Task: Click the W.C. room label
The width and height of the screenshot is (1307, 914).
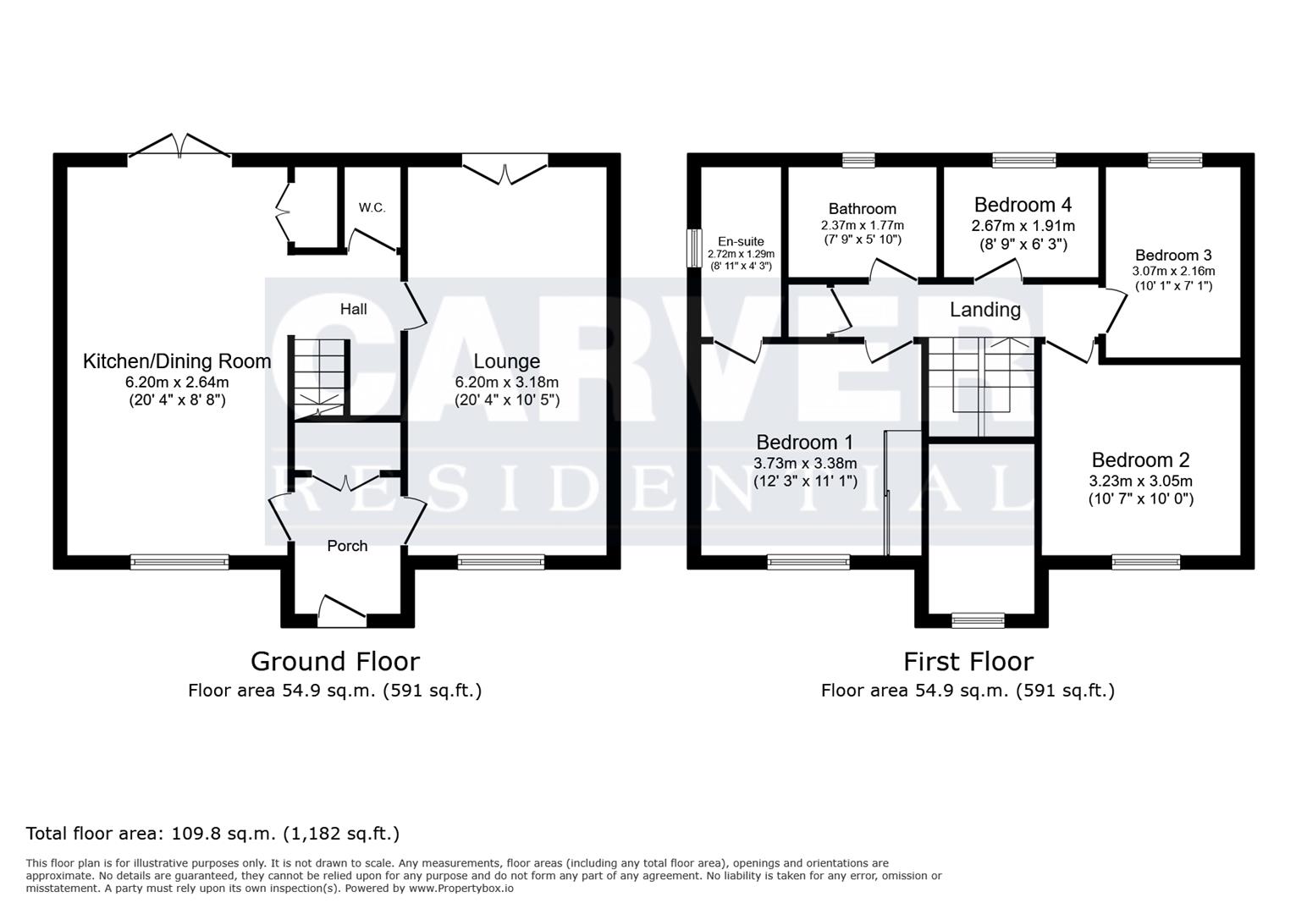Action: (372, 207)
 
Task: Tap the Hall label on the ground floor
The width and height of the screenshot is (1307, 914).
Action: (354, 309)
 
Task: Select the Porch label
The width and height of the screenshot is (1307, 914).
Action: (347, 546)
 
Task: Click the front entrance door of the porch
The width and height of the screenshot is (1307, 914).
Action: (342, 609)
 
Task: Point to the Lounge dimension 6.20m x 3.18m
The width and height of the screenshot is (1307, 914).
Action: (506, 383)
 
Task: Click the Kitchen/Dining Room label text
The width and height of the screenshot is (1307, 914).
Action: (177, 361)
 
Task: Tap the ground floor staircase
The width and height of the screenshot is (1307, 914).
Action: (319, 378)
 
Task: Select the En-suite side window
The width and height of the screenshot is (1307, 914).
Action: (694, 248)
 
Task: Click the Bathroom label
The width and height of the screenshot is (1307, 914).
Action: (863, 209)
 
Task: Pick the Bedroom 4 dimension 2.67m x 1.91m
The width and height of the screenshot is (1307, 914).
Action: (1023, 226)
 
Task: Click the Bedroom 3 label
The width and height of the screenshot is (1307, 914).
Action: (1173, 256)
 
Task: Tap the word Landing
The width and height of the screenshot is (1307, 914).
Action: (985, 310)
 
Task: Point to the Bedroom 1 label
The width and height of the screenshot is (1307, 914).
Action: (805, 442)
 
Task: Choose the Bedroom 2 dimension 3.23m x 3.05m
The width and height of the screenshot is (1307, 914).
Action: (1141, 482)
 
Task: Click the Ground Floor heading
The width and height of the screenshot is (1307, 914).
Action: (335, 662)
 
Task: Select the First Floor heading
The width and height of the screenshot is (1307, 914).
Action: (968, 662)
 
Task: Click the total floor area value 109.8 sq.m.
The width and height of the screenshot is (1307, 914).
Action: (223, 834)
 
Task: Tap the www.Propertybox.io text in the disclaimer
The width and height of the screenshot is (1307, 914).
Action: (461, 889)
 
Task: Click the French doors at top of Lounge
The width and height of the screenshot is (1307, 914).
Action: (505, 168)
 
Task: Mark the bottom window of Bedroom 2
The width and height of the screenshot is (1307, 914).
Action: (1146, 562)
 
